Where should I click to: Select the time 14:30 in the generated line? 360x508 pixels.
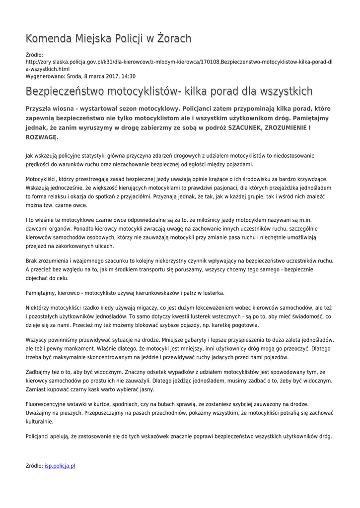pyautogui.click(x=128, y=77)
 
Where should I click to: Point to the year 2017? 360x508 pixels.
pyautogui.click(x=105, y=77)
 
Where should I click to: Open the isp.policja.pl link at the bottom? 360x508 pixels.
pyautogui.click(x=60, y=466)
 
